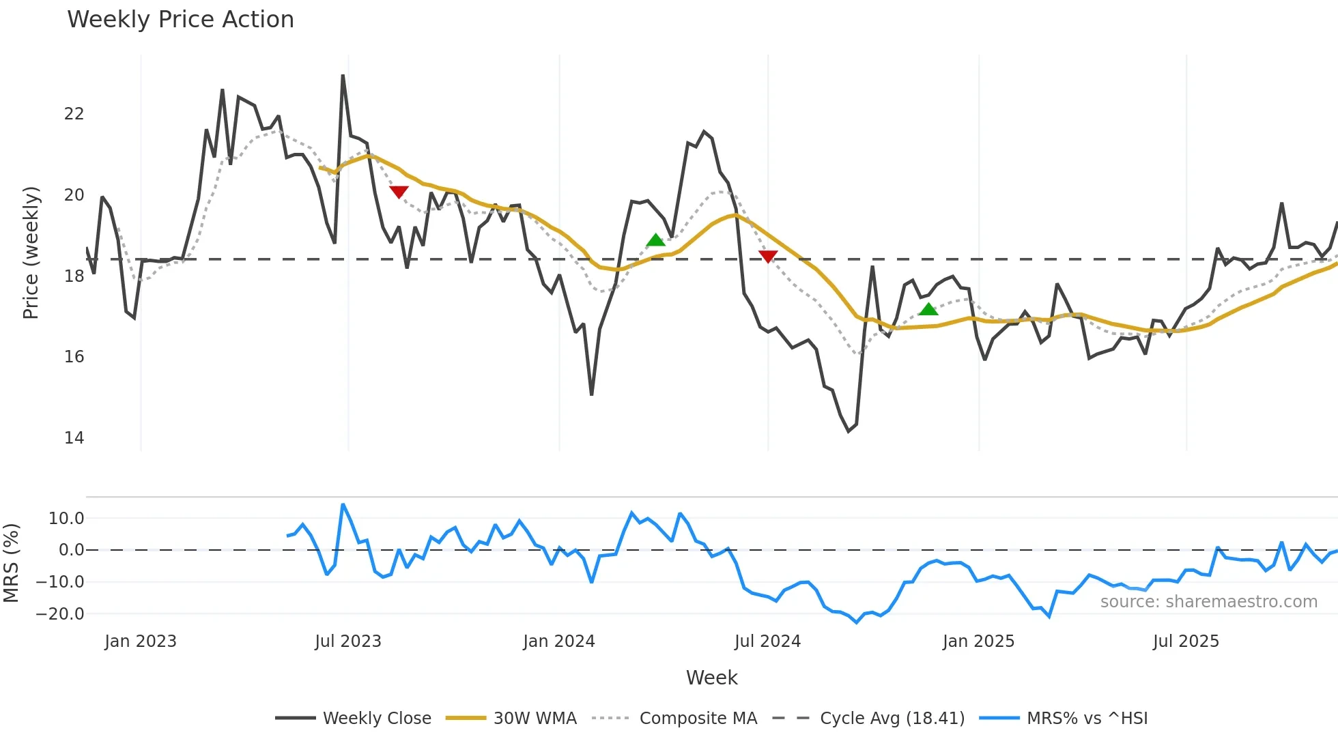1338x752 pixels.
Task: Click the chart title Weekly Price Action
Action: coord(180,20)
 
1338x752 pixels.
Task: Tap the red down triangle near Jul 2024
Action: coord(768,257)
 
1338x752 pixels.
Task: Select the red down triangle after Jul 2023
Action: coord(399,192)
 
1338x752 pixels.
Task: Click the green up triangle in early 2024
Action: coord(655,240)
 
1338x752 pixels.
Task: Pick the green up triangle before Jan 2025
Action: coord(928,309)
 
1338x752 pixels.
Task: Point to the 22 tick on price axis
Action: coord(74,114)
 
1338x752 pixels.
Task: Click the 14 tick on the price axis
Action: coord(74,438)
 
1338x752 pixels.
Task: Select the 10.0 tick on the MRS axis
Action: coord(66,518)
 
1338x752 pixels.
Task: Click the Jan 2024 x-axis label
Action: coord(559,641)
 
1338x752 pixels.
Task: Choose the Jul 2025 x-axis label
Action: coord(1186,641)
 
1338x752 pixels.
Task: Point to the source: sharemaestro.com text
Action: coord(1208,602)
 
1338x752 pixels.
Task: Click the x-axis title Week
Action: coord(711,678)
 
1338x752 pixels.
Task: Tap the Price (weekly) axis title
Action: coord(31,252)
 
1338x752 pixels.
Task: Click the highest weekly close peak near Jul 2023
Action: coord(343,76)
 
